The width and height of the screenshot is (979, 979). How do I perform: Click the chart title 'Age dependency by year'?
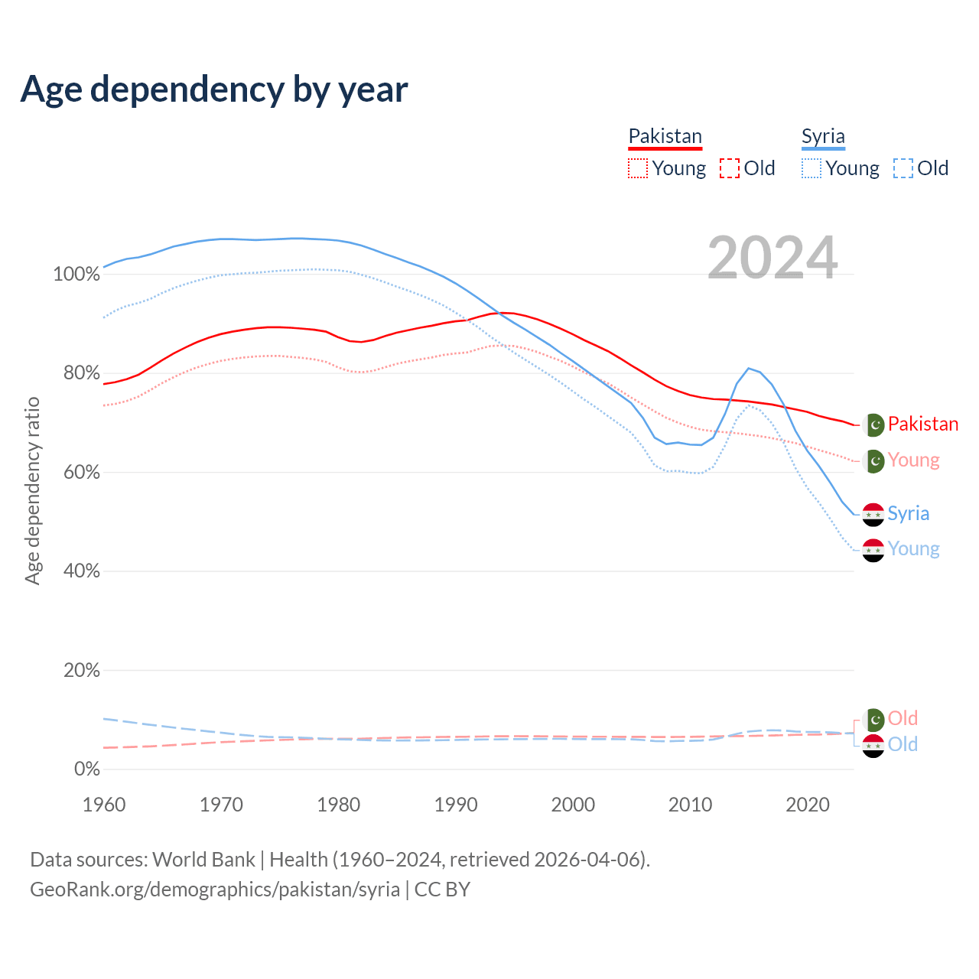(x=214, y=89)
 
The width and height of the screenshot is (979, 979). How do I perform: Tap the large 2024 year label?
(x=772, y=258)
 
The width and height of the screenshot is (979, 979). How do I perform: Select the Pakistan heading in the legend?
(x=665, y=136)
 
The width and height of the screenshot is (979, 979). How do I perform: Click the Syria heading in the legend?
(x=823, y=136)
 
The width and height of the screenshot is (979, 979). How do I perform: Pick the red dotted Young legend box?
(x=637, y=168)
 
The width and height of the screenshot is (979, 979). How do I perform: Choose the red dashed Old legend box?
(x=729, y=168)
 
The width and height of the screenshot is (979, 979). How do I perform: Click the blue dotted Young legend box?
(x=811, y=168)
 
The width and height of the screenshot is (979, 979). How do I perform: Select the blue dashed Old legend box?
(x=903, y=168)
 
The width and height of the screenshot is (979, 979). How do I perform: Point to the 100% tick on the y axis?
(x=76, y=275)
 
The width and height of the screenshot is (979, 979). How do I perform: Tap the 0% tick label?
(x=86, y=769)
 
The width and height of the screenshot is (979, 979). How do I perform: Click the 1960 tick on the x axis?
(x=104, y=805)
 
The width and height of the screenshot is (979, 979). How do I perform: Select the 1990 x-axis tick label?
(x=456, y=805)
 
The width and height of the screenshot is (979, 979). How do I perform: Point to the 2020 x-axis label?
(x=808, y=805)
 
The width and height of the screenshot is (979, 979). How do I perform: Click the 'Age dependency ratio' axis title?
(x=32, y=490)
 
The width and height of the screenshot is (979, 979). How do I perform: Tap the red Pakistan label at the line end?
(x=922, y=424)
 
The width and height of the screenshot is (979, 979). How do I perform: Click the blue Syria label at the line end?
(x=908, y=514)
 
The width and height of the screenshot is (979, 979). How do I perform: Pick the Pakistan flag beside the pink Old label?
(x=873, y=719)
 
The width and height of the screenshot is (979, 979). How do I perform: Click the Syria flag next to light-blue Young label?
(x=873, y=550)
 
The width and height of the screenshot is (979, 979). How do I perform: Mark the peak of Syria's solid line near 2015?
(x=749, y=368)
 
